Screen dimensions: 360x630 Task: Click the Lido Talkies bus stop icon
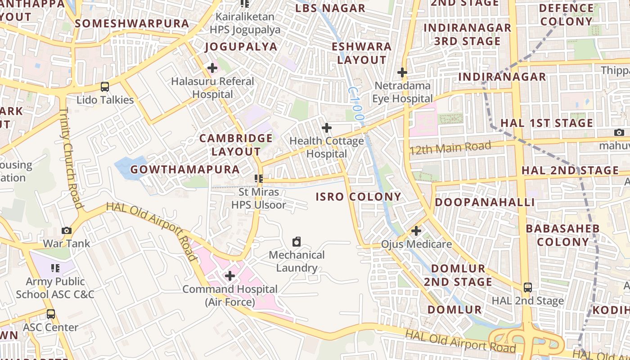[x=104, y=87]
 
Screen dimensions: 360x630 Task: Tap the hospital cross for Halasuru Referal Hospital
[x=212, y=68]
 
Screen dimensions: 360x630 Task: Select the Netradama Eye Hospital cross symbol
[x=402, y=72]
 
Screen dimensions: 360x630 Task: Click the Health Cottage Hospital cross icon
[x=326, y=128]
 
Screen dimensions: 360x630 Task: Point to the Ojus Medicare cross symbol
[x=416, y=231]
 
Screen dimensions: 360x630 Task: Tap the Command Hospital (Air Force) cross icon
[x=229, y=276]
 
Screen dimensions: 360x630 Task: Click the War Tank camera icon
[x=67, y=231]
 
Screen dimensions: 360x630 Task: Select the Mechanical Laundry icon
[x=297, y=242]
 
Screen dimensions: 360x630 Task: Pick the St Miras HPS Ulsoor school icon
[x=258, y=179]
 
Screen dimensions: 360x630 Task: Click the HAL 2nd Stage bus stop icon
[x=527, y=288]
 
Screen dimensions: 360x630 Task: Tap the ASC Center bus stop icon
[x=51, y=314]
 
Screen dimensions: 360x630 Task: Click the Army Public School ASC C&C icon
[x=55, y=269]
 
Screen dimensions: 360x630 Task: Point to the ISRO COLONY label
[x=358, y=197]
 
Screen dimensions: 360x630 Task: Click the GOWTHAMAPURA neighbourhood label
[x=185, y=170]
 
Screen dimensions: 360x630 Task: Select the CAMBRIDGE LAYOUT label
[x=236, y=145]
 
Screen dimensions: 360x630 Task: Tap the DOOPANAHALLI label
[x=485, y=202]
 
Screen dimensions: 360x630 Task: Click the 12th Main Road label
[x=450, y=148]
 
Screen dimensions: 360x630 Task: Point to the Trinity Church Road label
[x=71, y=157]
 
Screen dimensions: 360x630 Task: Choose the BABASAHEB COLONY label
[x=562, y=235]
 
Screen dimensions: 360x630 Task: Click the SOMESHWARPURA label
[x=132, y=23]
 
